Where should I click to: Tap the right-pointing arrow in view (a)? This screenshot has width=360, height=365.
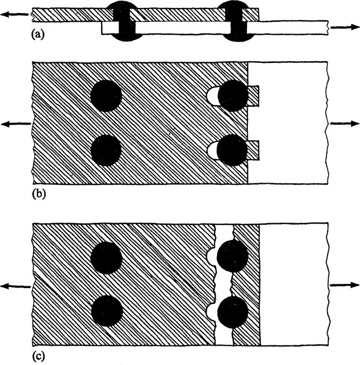[x=343, y=27]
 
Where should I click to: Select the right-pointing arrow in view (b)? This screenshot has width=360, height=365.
[x=343, y=124]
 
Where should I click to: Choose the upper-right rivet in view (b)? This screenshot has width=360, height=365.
[x=233, y=95]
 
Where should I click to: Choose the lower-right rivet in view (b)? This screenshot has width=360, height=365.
[x=233, y=149]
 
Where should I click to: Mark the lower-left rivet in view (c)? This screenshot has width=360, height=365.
[x=106, y=311]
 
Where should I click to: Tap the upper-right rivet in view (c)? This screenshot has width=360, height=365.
[x=232, y=255]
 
